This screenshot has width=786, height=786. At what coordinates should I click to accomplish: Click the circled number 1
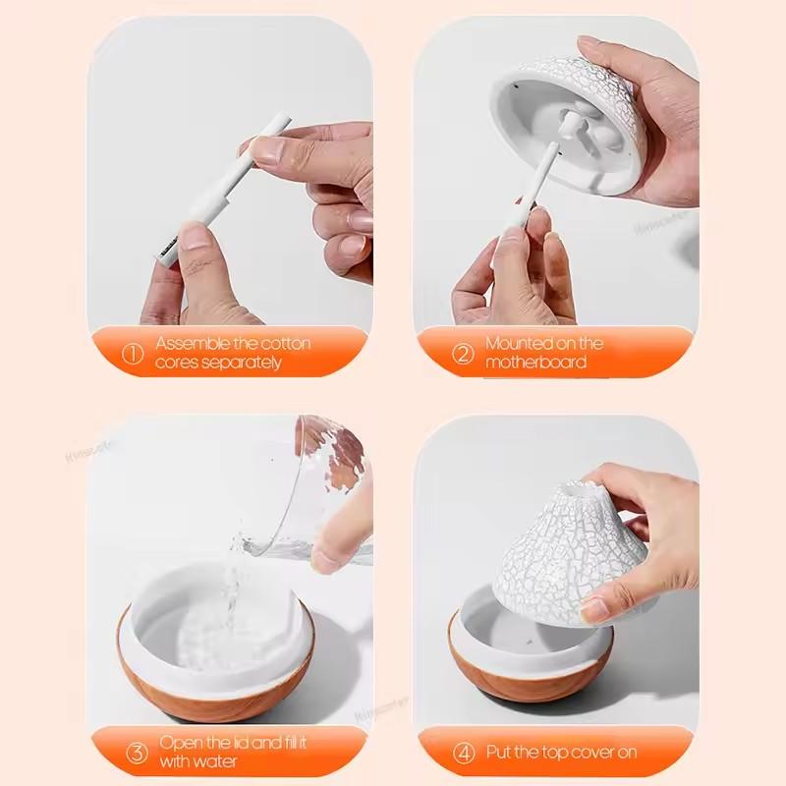pos(132,353)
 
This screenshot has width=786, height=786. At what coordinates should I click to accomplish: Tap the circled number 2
pos(463,354)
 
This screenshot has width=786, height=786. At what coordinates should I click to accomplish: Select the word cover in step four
pos(588,753)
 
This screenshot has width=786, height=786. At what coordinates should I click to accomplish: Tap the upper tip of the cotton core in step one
pos(282,121)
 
